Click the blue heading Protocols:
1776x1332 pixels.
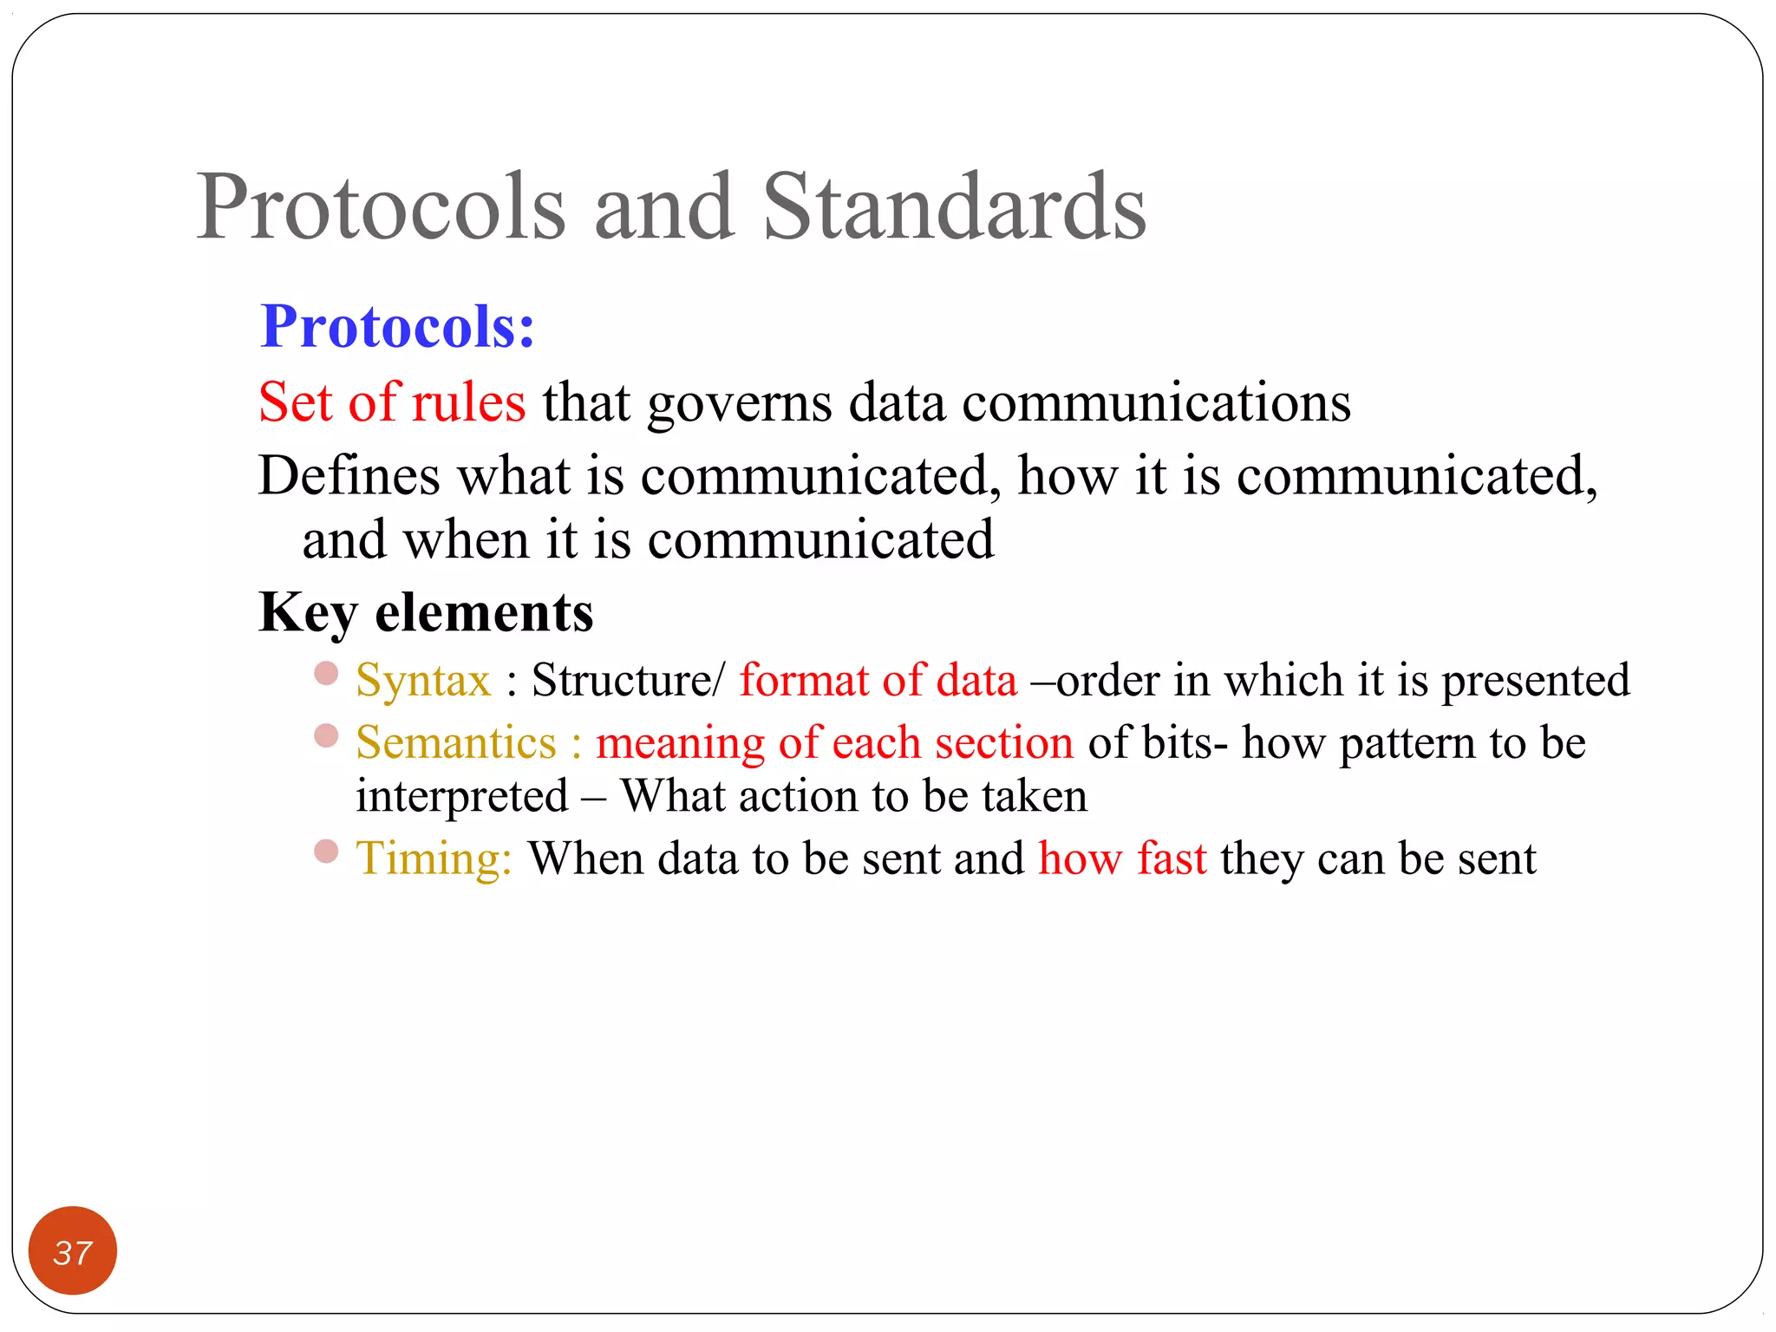pyautogui.click(x=397, y=327)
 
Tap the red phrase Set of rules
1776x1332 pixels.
pyautogui.click(x=392, y=402)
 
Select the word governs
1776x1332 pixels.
pyautogui.click(x=740, y=404)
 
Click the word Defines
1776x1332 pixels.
pyautogui.click(x=349, y=476)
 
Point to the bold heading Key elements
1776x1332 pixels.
pyautogui.click(x=426, y=613)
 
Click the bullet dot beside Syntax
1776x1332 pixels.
pyautogui.click(x=326, y=674)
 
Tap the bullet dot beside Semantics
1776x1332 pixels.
pyautogui.click(x=326, y=736)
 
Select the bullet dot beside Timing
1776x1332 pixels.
pyautogui.click(x=326, y=852)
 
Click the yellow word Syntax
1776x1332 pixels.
pyautogui.click(x=423, y=681)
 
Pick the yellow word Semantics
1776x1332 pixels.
pyautogui.click(x=456, y=743)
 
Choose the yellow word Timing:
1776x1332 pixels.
pyautogui.click(x=434, y=859)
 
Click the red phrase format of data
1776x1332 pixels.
pyautogui.click(x=878, y=680)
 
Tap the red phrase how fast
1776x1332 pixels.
pyautogui.click(x=1122, y=859)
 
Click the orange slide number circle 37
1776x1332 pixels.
pyautogui.click(x=73, y=1250)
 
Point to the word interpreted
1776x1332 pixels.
pyautogui.click(x=462, y=797)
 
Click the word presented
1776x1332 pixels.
pyautogui.click(x=1535, y=682)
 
